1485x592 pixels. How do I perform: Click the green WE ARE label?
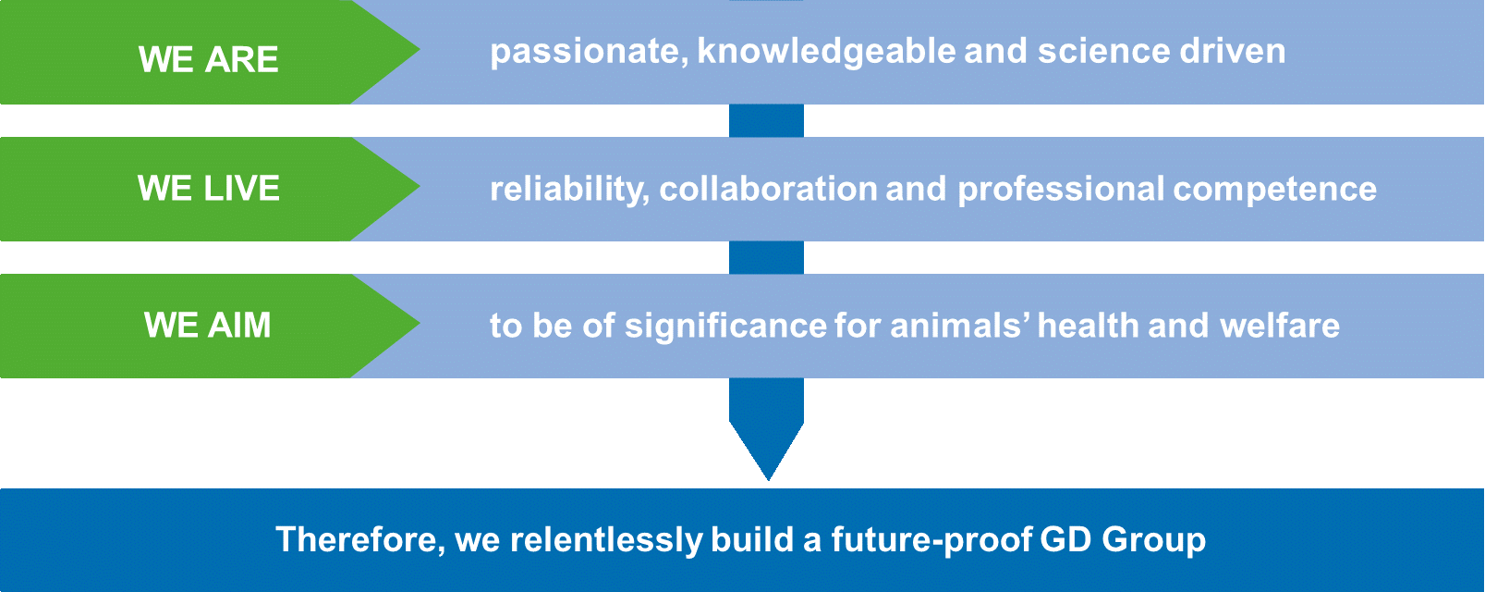tap(208, 60)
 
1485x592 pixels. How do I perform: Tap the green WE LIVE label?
tap(208, 188)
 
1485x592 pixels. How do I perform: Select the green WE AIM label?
tap(208, 326)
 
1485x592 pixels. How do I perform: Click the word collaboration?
tap(768, 189)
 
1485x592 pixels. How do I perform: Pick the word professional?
tap(1061, 190)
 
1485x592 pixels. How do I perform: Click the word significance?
tap(726, 327)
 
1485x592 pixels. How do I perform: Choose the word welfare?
tap(1280, 326)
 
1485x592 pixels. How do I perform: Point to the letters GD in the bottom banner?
tap(1065, 539)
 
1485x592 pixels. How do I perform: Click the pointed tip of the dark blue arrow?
tap(768, 480)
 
